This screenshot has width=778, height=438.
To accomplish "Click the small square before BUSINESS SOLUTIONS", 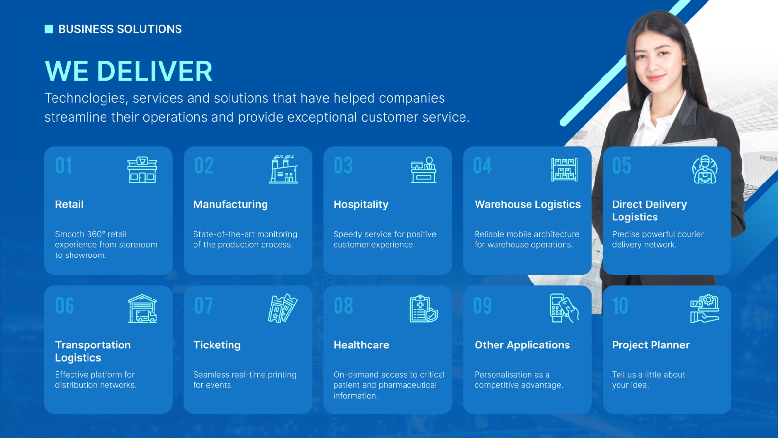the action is (49, 29).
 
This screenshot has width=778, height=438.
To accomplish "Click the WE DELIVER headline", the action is (128, 71).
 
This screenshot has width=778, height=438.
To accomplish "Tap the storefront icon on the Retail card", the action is (142, 169).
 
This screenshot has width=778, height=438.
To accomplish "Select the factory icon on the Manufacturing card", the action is (283, 169).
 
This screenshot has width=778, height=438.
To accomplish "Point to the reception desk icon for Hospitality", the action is (424, 169).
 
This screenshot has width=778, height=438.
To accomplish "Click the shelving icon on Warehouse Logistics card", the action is (565, 169).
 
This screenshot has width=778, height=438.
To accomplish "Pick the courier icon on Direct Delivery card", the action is (705, 169).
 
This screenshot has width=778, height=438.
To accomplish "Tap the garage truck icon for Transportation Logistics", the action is (142, 309).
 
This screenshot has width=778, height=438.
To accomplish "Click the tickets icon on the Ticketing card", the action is (283, 309).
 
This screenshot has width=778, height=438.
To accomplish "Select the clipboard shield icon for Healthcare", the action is (424, 309).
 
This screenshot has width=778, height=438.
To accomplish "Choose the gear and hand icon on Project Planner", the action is (705, 309).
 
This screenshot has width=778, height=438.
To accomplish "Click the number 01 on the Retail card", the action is (64, 165).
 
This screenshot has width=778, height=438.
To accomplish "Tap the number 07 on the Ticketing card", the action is (204, 306).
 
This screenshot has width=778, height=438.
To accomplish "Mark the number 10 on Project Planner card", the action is (620, 306).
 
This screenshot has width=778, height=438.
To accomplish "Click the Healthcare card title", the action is (361, 345).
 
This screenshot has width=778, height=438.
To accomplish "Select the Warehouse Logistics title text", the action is (528, 204).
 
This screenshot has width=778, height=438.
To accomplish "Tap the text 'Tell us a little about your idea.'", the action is (649, 380).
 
